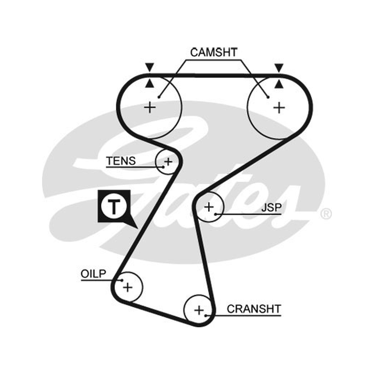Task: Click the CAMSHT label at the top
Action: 214,52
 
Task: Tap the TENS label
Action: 121,161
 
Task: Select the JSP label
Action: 272,208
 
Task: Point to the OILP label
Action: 93,273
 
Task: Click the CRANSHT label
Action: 254,309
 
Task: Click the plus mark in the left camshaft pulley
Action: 150,107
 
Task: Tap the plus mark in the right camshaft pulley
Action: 279,108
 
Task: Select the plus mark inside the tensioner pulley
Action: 168,162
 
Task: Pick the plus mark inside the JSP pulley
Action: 209,207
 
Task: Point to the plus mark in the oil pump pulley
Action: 128,287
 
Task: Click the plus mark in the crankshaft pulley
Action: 199,310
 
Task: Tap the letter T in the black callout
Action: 114,207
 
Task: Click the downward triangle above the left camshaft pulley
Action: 150,67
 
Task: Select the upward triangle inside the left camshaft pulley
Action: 150,84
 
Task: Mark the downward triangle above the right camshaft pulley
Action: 279,67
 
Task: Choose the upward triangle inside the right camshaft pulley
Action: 279,84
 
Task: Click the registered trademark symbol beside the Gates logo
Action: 326,214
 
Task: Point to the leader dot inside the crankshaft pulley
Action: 206,316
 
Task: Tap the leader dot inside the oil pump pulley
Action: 122,280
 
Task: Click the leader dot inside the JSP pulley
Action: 216,214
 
